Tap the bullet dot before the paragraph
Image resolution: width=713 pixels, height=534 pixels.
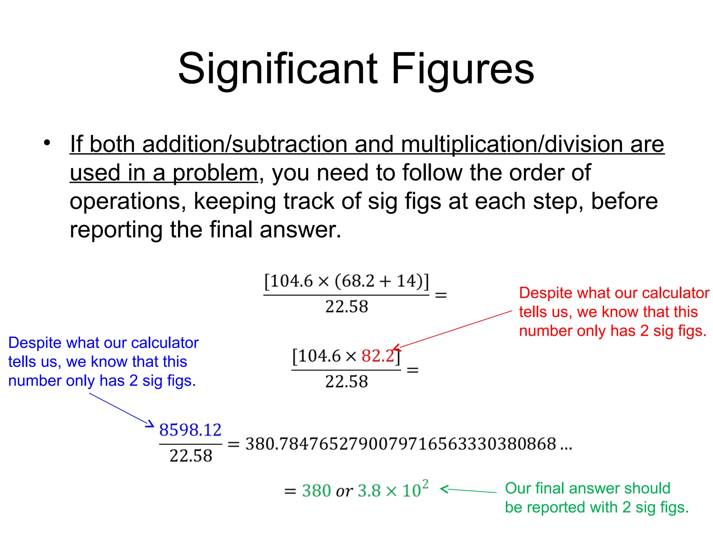click(x=47, y=143)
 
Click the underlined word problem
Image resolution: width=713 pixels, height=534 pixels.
click(x=215, y=173)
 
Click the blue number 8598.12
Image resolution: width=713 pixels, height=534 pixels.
click(x=190, y=430)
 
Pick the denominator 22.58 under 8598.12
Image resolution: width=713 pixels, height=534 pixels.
click(x=191, y=456)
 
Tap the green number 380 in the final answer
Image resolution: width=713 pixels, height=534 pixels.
click(x=316, y=491)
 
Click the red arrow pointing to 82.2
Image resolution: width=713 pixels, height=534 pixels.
click(x=453, y=330)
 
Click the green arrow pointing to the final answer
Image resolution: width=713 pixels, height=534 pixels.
click(x=468, y=490)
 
